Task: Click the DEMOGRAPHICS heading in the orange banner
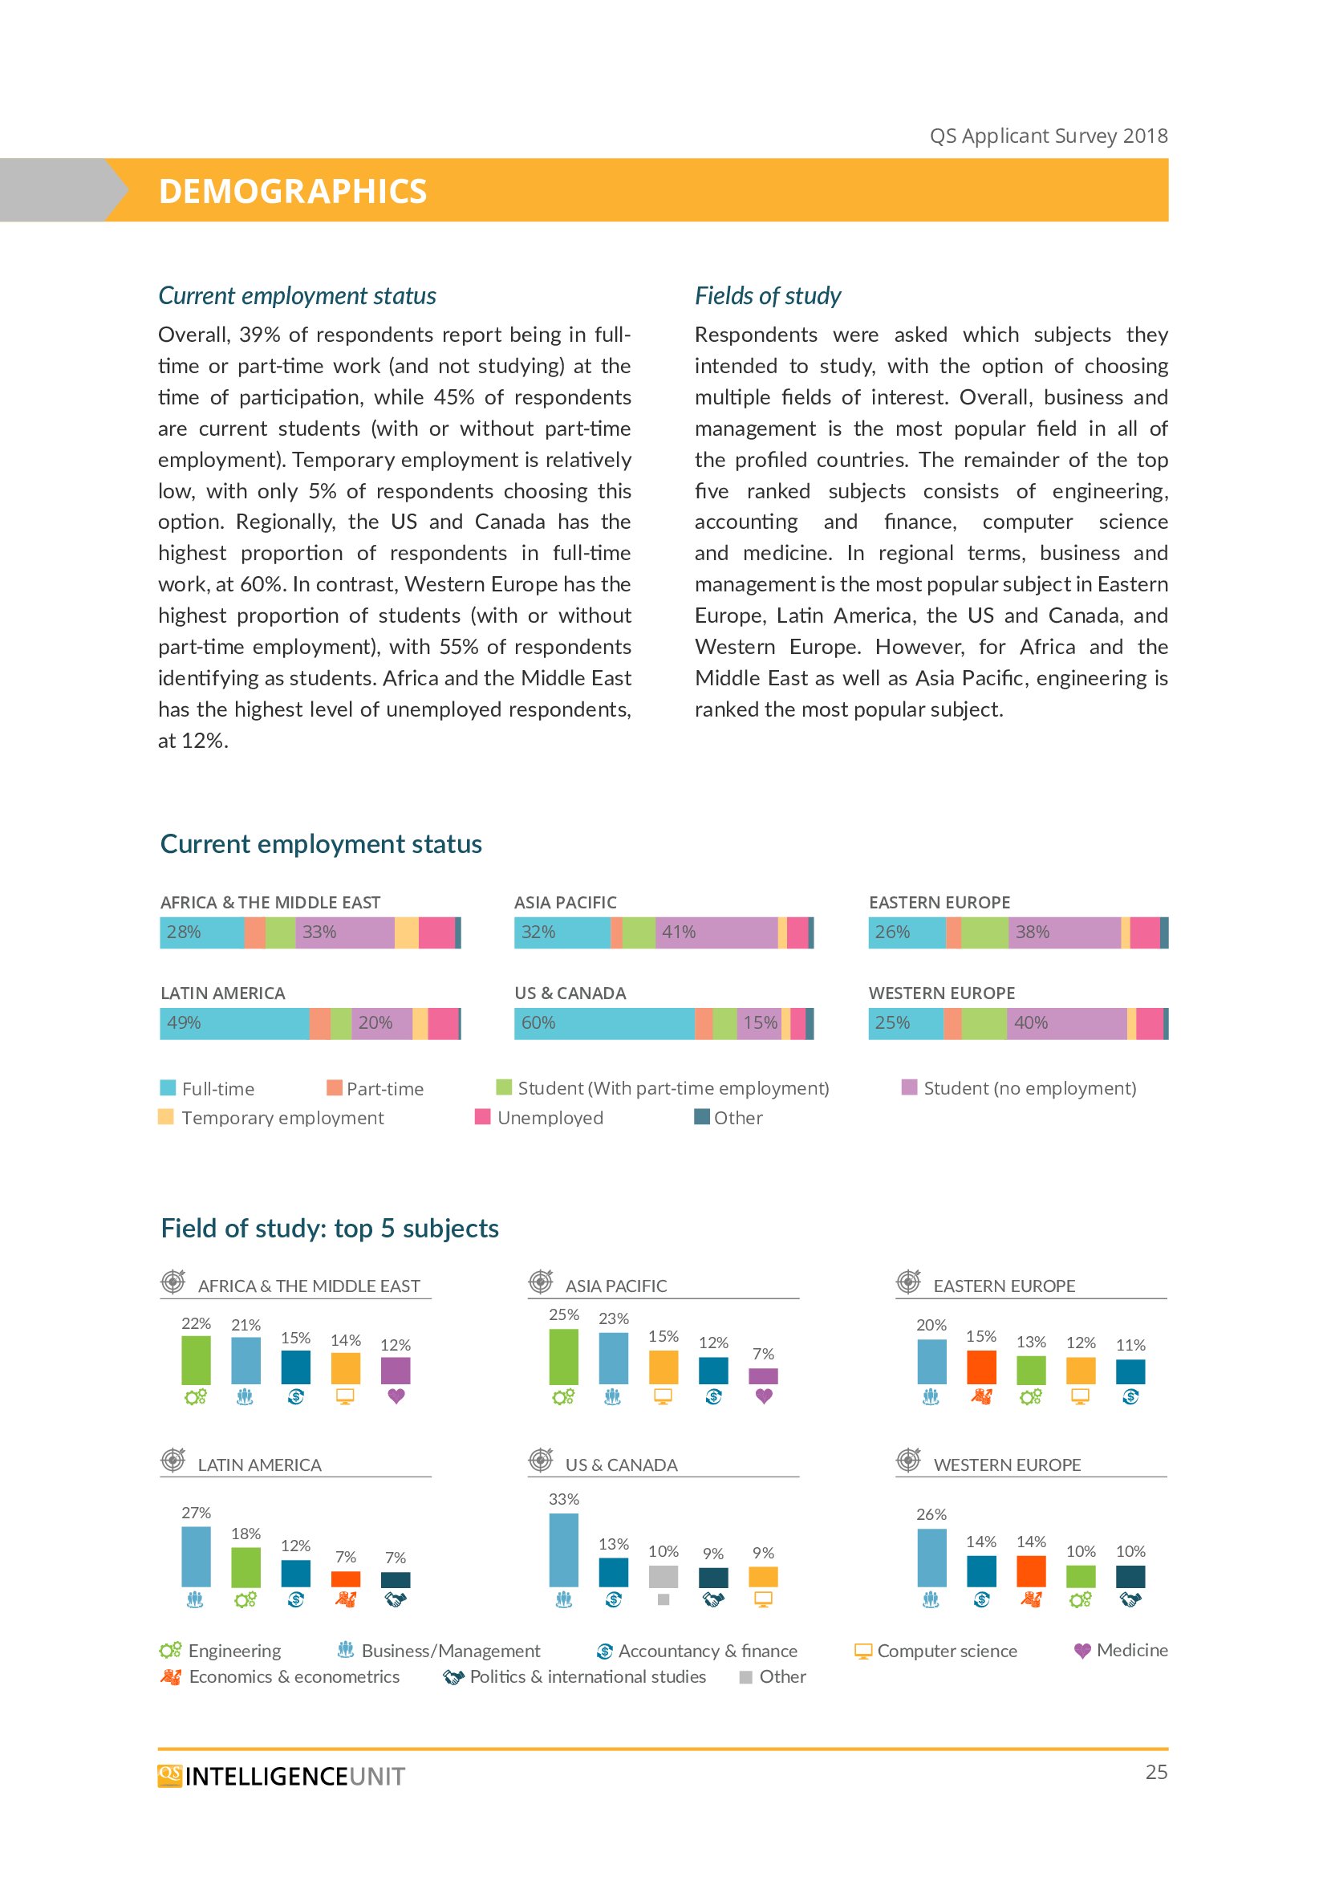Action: coord(293,191)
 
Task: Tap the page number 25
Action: coord(1155,1772)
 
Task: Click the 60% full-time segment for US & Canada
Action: coord(604,1022)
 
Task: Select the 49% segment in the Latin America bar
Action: coord(234,1022)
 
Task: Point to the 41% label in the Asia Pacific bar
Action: coord(679,932)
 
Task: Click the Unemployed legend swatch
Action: coord(483,1117)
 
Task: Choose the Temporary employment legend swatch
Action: coord(166,1117)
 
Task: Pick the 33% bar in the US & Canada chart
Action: coord(564,1549)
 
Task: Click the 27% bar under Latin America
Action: coord(196,1556)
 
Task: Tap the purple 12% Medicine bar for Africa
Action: coord(396,1370)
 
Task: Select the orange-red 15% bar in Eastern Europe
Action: coord(981,1367)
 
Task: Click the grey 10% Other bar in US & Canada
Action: coord(663,1576)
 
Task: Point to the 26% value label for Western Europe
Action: coord(931,1514)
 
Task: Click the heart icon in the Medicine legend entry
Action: coord(1081,1651)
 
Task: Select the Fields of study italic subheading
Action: coord(767,295)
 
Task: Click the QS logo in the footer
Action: coord(170,1775)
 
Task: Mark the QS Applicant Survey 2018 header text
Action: coord(1049,136)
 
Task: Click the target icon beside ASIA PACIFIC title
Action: coord(541,1282)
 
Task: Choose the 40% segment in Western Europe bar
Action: coord(1066,1022)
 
